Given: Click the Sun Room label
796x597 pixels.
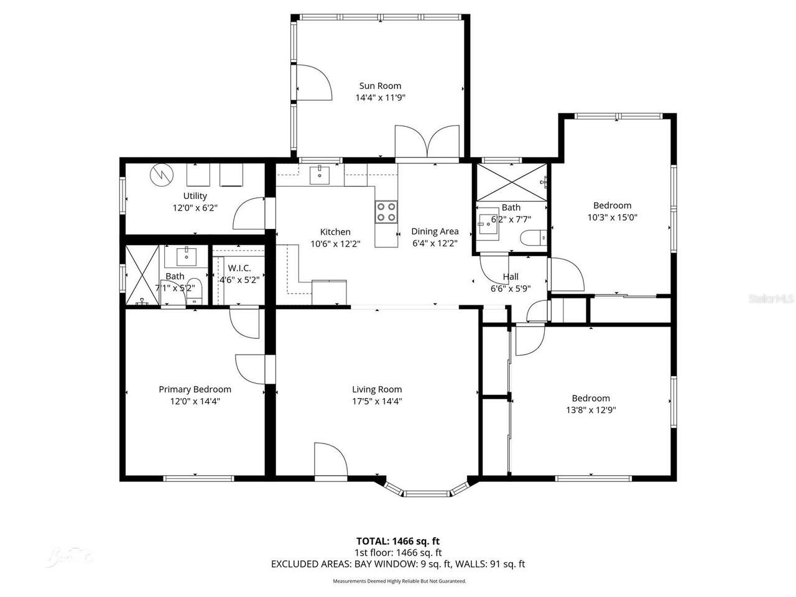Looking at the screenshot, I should coord(380,86).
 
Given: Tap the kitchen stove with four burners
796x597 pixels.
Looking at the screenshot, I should coord(386,212).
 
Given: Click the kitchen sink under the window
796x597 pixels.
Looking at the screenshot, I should coord(320,175).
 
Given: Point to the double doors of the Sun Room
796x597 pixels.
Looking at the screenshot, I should coord(427,142).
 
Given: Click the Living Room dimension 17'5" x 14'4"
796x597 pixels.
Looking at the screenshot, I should coord(377,401).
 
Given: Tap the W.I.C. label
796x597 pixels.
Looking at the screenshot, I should coord(239,268).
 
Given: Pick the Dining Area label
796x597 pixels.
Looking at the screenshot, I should coord(435,231).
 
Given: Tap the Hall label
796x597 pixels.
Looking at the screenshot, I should coord(511,277).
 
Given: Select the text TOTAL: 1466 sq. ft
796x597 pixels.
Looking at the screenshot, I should coord(398,541).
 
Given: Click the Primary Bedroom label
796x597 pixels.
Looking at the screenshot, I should coord(195,389).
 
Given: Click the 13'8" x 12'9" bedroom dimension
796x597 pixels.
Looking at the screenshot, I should coord(591,410).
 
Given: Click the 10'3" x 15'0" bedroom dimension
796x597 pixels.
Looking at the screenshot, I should coord(612,217).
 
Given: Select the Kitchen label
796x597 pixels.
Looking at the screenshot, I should coord(335,232).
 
